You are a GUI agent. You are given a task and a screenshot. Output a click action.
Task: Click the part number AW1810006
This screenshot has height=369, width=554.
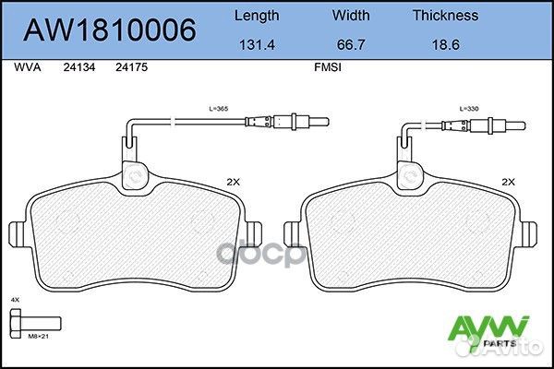pos(109,30)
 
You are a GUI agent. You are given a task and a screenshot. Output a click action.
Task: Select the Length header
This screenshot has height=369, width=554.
pos(257,16)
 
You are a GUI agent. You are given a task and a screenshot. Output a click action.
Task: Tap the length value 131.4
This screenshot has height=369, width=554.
pos(257,45)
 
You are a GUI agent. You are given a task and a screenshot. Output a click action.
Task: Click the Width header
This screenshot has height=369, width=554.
pos(351,15)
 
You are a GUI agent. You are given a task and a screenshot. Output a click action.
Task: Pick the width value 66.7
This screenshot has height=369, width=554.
pos(351,45)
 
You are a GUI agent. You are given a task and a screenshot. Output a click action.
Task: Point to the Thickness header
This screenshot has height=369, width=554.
pos(445,15)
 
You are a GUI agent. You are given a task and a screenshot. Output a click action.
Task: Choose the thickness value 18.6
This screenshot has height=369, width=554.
pos(446,45)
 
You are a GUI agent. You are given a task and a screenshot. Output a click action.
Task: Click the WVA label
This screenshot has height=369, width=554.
pos(27,67)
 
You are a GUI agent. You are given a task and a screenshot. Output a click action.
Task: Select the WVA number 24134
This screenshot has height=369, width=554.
pos(79,67)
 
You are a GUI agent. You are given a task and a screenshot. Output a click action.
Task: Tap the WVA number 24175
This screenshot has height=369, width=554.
pos(131,67)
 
